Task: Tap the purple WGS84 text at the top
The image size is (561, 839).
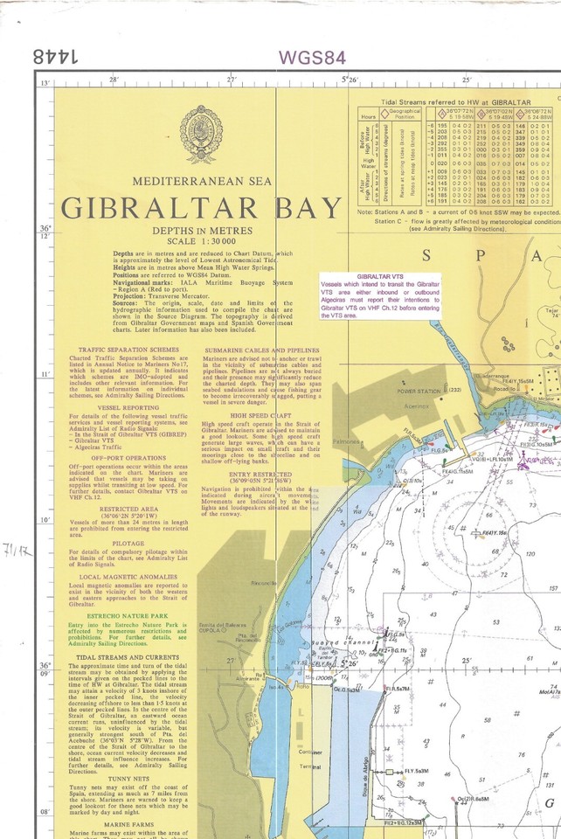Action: pos(312,58)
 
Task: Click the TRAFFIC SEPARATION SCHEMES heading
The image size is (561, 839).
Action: pos(122,350)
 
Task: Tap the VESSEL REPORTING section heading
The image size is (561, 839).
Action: pos(122,407)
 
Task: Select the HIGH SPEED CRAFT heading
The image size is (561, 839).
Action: pos(257,416)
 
